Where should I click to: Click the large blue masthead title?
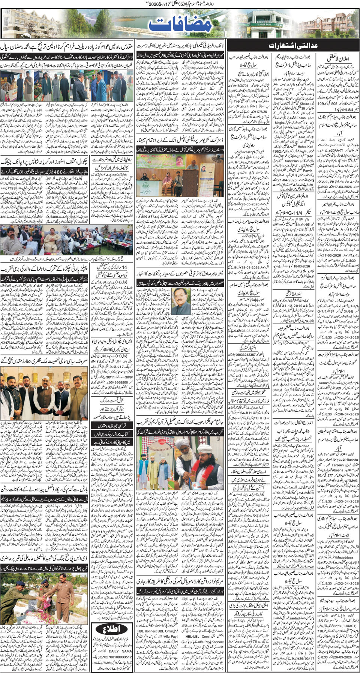tap(180, 25)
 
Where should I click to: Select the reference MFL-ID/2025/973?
tap(299, 235)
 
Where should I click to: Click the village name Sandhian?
tap(292, 161)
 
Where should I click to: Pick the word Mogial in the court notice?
tap(280, 123)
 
